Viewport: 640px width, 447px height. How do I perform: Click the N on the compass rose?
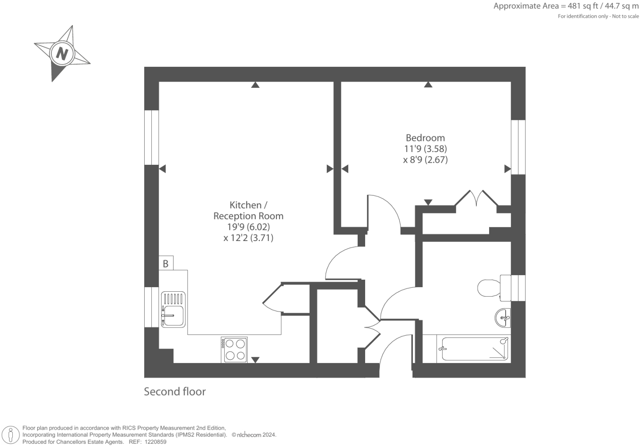pos(62,54)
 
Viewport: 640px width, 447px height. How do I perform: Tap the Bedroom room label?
pos(425,138)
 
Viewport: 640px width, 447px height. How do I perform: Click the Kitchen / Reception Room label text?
pos(248,210)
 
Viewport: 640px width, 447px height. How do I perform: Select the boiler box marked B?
pos(166,263)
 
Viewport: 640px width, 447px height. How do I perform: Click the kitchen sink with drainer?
pos(173,309)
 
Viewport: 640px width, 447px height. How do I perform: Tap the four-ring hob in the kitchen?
pos(234,350)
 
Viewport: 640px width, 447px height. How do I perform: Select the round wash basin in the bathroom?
pos(503,318)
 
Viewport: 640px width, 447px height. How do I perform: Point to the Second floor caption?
pos(175,391)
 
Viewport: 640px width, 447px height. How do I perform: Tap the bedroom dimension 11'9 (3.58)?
pos(425,149)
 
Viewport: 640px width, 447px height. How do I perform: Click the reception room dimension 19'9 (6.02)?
pos(248,227)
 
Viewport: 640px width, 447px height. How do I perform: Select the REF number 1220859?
pos(154,442)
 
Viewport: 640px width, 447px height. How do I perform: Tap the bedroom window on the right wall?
pos(518,147)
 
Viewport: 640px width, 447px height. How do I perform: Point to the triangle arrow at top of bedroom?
pos(428,85)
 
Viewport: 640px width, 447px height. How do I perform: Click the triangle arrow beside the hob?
pos(256,360)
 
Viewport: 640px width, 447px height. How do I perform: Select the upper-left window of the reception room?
pos(151,137)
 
